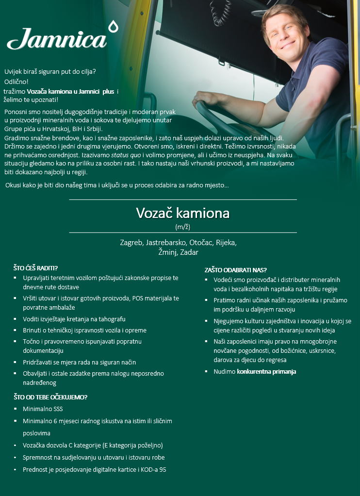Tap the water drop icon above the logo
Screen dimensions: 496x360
(114, 26)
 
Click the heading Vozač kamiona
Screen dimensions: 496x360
(182, 213)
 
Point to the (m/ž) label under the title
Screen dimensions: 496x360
(182, 227)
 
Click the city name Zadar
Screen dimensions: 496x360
(189, 252)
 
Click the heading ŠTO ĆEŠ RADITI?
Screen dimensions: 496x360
(35, 268)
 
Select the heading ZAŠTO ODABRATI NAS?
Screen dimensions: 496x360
(236, 270)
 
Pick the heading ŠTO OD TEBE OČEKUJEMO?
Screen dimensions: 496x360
(50, 397)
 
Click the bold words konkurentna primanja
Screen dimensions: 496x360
(266, 372)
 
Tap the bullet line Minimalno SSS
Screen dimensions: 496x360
(43, 409)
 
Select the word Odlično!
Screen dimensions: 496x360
(16, 82)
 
